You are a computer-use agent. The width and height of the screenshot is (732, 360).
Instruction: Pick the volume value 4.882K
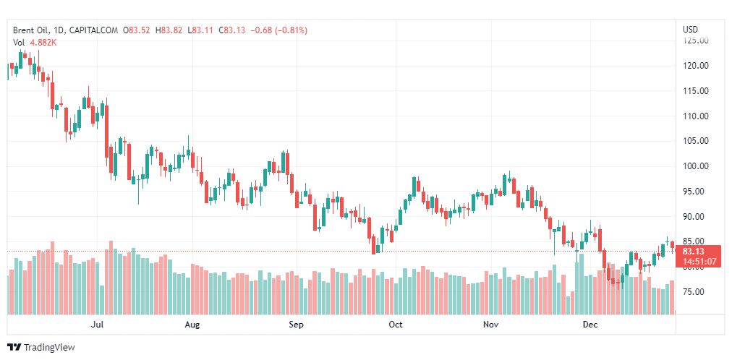[x=43, y=43]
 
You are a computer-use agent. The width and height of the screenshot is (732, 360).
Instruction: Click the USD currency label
[x=690, y=30]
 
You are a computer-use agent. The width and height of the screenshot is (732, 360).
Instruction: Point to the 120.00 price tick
[x=696, y=66]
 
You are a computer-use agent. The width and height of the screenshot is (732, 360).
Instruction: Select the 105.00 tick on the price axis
[x=696, y=141]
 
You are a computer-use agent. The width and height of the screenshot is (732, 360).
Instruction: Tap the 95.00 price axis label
[x=696, y=192]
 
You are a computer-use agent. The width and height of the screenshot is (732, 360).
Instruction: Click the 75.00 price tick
[x=696, y=292]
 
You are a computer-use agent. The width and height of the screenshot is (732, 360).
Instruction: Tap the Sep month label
[x=295, y=325]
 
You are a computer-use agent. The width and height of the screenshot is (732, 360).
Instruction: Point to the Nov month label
[x=491, y=325]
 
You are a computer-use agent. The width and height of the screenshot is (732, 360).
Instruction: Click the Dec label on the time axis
[x=590, y=325]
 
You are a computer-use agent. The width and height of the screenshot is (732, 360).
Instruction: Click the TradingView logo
[x=41, y=347]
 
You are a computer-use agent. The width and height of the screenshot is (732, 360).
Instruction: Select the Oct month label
[x=395, y=325]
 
